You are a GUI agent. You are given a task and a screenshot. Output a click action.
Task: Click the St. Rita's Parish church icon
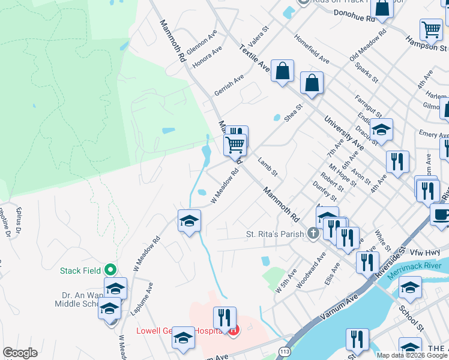point(313,233)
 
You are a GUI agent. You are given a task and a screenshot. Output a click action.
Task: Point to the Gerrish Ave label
point(229,86)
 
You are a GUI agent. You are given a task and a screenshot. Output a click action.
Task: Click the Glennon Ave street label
point(202,43)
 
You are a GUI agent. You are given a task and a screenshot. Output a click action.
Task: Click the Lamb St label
point(267,167)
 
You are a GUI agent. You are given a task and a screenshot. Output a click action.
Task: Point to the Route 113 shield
point(285,350)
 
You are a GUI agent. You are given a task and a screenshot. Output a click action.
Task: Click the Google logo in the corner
point(20,353)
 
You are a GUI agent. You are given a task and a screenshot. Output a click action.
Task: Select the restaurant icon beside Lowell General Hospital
point(225,317)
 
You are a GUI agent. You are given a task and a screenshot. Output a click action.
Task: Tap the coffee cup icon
point(441,215)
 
